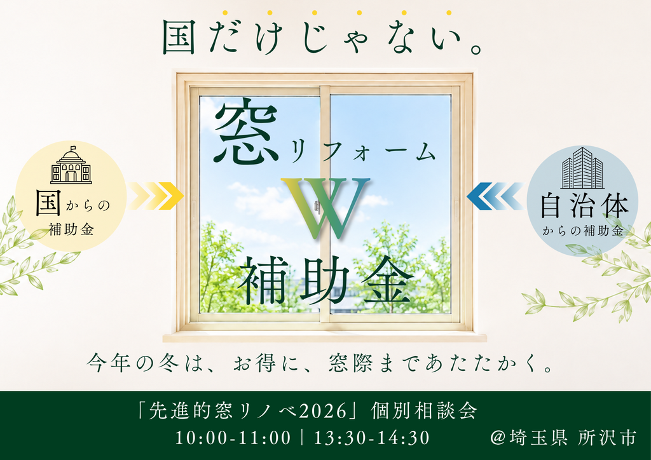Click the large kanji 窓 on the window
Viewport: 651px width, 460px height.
pos(247,131)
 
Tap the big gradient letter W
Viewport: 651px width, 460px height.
pos(325,208)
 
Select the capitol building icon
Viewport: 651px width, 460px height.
pos(71,165)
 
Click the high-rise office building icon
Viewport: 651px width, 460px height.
pos(582,168)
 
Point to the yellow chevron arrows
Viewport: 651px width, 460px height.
pos(156,196)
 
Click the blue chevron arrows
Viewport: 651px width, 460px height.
pos(495,196)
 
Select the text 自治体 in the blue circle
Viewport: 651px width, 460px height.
pos(584,206)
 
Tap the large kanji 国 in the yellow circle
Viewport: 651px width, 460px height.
pos(48,203)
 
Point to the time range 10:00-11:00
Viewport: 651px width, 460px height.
pos(233,438)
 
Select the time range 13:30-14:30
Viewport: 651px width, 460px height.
pos(371,438)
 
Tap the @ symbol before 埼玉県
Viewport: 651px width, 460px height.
pos(497,438)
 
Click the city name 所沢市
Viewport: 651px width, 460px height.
pos(607,438)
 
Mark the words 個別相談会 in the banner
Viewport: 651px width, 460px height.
pos(423,411)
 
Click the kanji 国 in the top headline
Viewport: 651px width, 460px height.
pos(179,37)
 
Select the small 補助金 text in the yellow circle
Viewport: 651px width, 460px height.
pos(71,229)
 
